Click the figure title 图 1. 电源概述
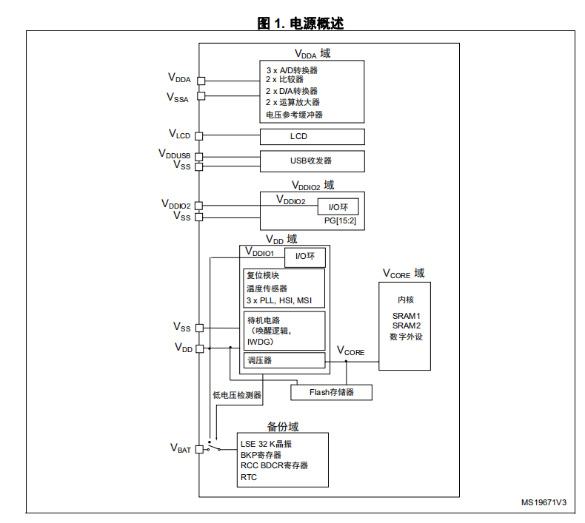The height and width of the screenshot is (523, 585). pyautogui.click(x=301, y=23)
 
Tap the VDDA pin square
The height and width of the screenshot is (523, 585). pyautogui.click(x=201, y=81)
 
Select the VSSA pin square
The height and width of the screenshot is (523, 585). pyautogui.click(x=201, y=96)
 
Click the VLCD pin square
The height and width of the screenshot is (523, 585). pyautogui.click(x=199, y=136)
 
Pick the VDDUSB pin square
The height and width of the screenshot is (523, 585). pyautogui.click(x=199, y=157)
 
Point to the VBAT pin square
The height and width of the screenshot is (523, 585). pyautogui.click(x=200, y=449)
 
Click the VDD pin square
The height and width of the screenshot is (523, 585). pyautogui.click(x=200, y=348)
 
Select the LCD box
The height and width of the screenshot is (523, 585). pyautogui.click(x=312, y=137)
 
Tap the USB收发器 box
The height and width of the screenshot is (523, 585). pyautogui.click(x=312, y=161)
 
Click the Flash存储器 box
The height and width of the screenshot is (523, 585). pyautogui.click(x=331, y=393)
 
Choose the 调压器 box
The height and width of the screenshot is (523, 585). pyautogui.click(x=284, y=360)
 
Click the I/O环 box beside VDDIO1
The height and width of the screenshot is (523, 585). pyautogui.click(x=305, y=257)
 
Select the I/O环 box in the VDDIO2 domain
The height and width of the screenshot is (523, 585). pyautogui.click(x=338, y=206)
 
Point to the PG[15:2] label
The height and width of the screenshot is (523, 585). pyautogui.click(x=340, y=220)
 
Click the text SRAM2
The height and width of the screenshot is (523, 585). pyautogui.click(x=407, y=325)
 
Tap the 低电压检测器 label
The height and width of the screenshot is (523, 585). pyautogui.click(x=237, y=395)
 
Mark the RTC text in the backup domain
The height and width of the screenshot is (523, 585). pyautogui.click(x=249, y=477)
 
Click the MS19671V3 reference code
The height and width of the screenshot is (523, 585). pyautogui.click(x=544, y=502)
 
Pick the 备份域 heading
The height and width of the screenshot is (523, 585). pyautogui.click(x=283, y=426)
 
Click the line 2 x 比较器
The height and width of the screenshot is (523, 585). pyautogui.click(x=284, y=79)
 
